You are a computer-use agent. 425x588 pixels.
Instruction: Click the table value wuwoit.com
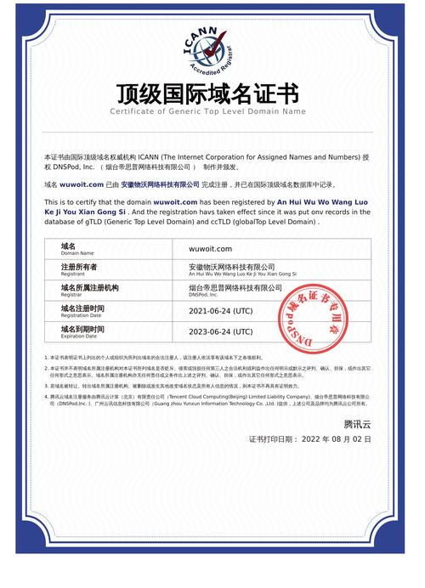click(x=210, y=249)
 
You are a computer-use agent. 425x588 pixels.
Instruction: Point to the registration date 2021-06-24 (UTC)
click(x=220, y=310)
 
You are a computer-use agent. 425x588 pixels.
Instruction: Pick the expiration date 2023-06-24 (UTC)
click(x=220, y=331)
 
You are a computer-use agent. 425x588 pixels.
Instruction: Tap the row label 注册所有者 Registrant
click(x=80, y=269)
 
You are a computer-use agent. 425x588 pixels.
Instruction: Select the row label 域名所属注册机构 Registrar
click(x=89, y=290)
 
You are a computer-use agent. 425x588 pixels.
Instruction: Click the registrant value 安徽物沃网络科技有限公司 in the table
click(x=231, y=267)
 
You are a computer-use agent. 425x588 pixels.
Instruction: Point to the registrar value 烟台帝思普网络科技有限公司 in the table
click(x=235, y=288)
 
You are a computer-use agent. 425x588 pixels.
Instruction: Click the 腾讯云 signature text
click(x=357, y=422)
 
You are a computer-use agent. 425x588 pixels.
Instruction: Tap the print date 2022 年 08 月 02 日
click(x=336, y=439)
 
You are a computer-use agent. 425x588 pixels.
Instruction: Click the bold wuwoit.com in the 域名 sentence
click(x=82, y=184)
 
